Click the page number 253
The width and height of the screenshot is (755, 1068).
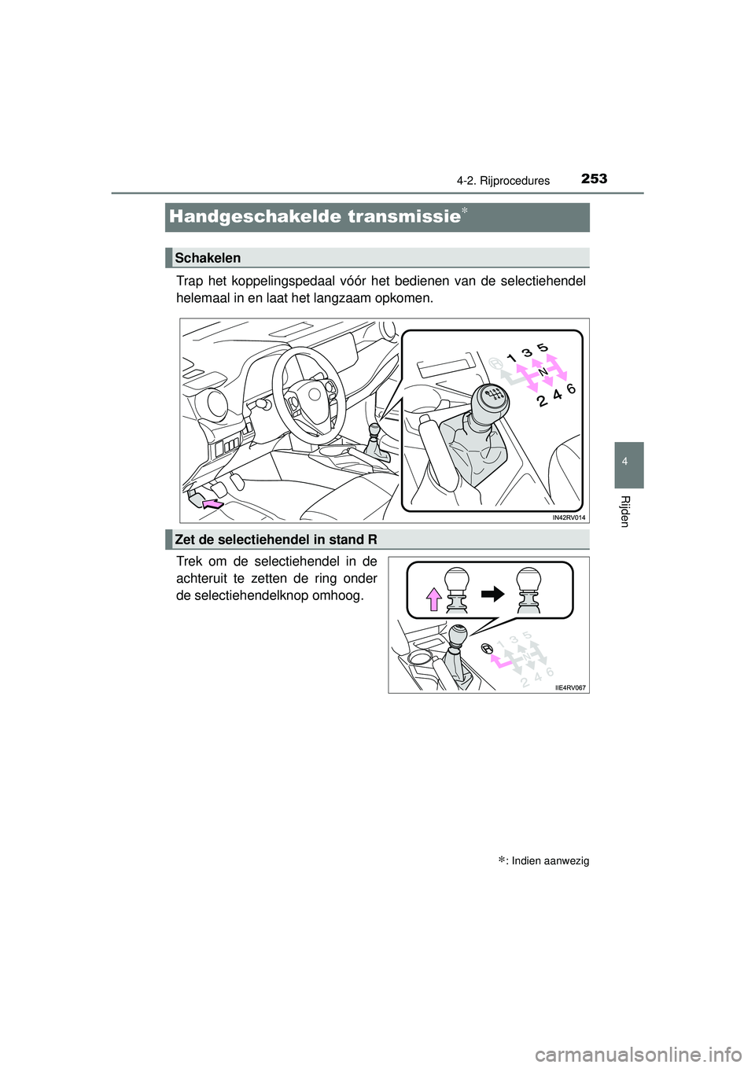pos(594,179)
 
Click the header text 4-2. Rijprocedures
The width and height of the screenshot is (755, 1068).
pos(503,181)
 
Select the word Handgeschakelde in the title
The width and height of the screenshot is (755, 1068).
pos(249,216)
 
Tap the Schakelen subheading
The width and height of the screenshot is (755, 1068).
pos(208,258)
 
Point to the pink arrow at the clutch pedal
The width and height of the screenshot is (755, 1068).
pos(212,503)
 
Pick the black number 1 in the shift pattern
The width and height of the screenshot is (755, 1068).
pos(512,359)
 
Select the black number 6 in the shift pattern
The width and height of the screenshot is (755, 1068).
pos(571,389)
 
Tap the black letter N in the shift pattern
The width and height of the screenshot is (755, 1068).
pos(543,370)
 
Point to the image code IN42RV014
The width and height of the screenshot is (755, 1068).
pos(568,517)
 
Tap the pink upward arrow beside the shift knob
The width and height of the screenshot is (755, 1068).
pos(433,599)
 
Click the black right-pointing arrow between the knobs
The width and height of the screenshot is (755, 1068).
pos(493,593)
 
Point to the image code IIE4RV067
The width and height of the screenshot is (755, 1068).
pos(570,687)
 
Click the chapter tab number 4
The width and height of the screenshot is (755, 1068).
pos(624,462)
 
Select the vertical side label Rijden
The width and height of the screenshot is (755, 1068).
pos(624,511)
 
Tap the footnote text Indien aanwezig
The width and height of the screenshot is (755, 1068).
pos(550,860)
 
